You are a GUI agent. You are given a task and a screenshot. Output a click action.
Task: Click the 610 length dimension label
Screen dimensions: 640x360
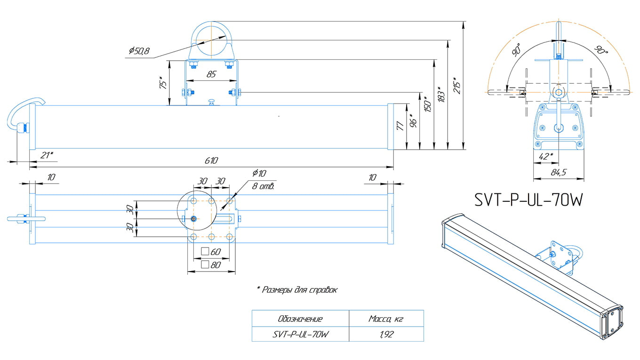pos(211,160)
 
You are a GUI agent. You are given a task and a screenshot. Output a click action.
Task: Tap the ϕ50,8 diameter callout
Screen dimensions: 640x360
pos(139,51)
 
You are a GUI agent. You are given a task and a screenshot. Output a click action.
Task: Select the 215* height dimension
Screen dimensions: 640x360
pos(457,85)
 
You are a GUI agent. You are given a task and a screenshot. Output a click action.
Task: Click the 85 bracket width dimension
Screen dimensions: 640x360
pos(211,74)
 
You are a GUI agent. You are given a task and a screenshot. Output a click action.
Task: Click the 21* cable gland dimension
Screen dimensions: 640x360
pos(47,155)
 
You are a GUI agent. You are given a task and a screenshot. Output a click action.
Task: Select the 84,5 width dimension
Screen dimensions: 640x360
pos(558,172)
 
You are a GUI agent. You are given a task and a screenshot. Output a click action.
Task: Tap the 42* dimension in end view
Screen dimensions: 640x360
pos(546,156)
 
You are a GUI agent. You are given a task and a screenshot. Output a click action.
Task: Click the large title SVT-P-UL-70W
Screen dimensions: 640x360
pos(528,200)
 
